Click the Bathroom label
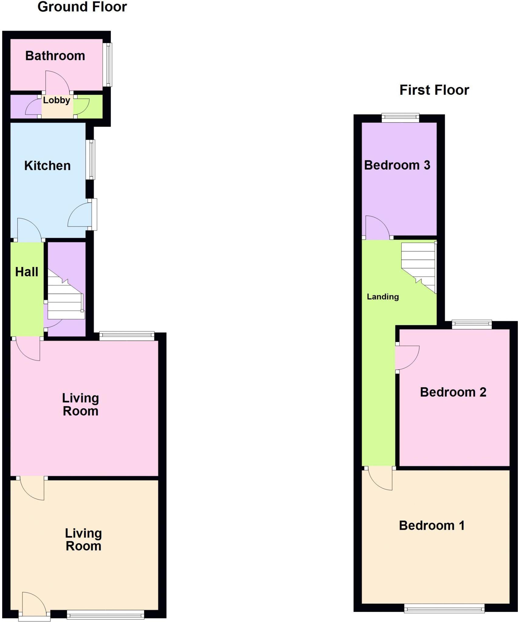click(x=55, y=56)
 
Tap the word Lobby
click(x=57, y=100)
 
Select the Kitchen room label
click(x=47, y=166)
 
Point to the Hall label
click(x=27, y=272)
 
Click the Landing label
click(x=383, y=297)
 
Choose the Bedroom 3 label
click(x=397, y=165)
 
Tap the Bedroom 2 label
click(x=453, y=392)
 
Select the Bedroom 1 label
click(x=432, y=525)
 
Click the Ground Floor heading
click(x=82, y=7)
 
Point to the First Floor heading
click(x=434, y=90)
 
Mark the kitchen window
click(x=90, y=159)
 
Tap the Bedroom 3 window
click(x=400, y=118)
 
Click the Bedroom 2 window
click(x=472, y=325)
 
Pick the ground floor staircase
click(x=66, y=294)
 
